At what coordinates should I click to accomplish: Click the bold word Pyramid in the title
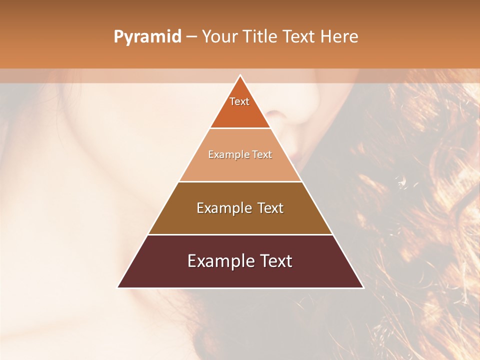[147, 36]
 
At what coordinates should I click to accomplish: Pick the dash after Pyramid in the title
[191, 36]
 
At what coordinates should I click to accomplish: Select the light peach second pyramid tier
[240, 167]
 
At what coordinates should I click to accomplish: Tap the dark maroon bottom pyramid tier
[240, 275]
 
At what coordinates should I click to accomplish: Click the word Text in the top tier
[239, 101]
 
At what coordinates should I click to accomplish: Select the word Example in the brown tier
[222, 208]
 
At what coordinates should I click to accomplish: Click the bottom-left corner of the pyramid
[117, 287]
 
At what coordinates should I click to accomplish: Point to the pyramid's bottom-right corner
[363, 287]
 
